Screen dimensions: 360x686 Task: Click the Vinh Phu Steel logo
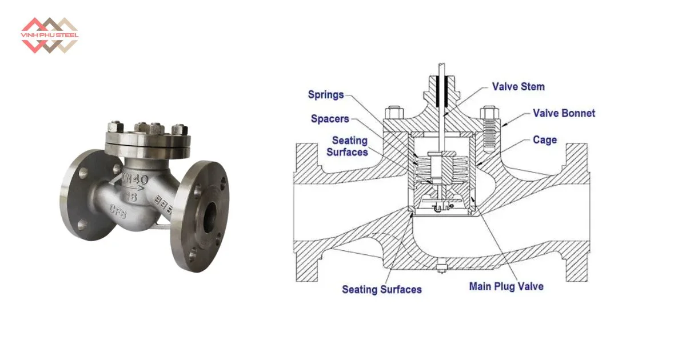(50, 34)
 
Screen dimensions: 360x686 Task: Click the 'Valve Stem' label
(518, 87)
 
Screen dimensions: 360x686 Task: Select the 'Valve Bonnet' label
(564, 113)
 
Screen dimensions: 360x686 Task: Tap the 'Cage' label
(544, 139)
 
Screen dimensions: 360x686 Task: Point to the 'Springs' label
(325, 94)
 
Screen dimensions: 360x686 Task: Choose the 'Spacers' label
(329, 119)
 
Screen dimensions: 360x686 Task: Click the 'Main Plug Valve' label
(506, 286)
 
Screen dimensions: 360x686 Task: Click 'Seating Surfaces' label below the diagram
(381, 289)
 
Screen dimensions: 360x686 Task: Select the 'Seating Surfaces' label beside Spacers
(350, 146)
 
